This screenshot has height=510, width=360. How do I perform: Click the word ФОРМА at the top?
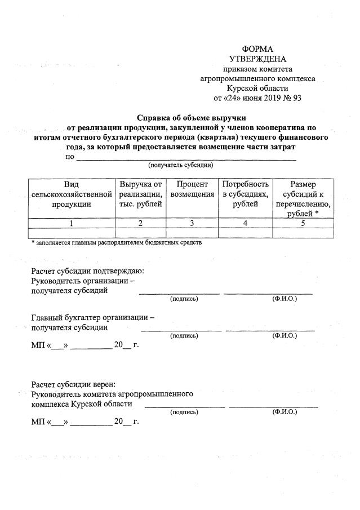257,50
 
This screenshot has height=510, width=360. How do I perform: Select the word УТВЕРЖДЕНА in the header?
257,59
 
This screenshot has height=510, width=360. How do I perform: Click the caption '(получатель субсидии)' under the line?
180,165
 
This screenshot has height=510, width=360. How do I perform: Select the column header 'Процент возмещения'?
192,189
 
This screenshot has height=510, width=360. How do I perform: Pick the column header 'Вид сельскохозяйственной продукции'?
72,194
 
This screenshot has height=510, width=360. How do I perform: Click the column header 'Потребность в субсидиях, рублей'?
245,194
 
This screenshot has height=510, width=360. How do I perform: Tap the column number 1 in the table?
72,223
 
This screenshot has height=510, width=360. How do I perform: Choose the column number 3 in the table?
192,223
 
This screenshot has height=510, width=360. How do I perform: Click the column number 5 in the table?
303,223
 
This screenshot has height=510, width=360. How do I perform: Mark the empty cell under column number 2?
141,233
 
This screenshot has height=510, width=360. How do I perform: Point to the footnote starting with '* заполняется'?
116,243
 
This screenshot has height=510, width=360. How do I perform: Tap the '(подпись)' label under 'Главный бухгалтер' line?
184,335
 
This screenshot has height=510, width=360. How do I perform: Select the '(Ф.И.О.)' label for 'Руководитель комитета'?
285,412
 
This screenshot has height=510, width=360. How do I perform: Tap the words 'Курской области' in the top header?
257,88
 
